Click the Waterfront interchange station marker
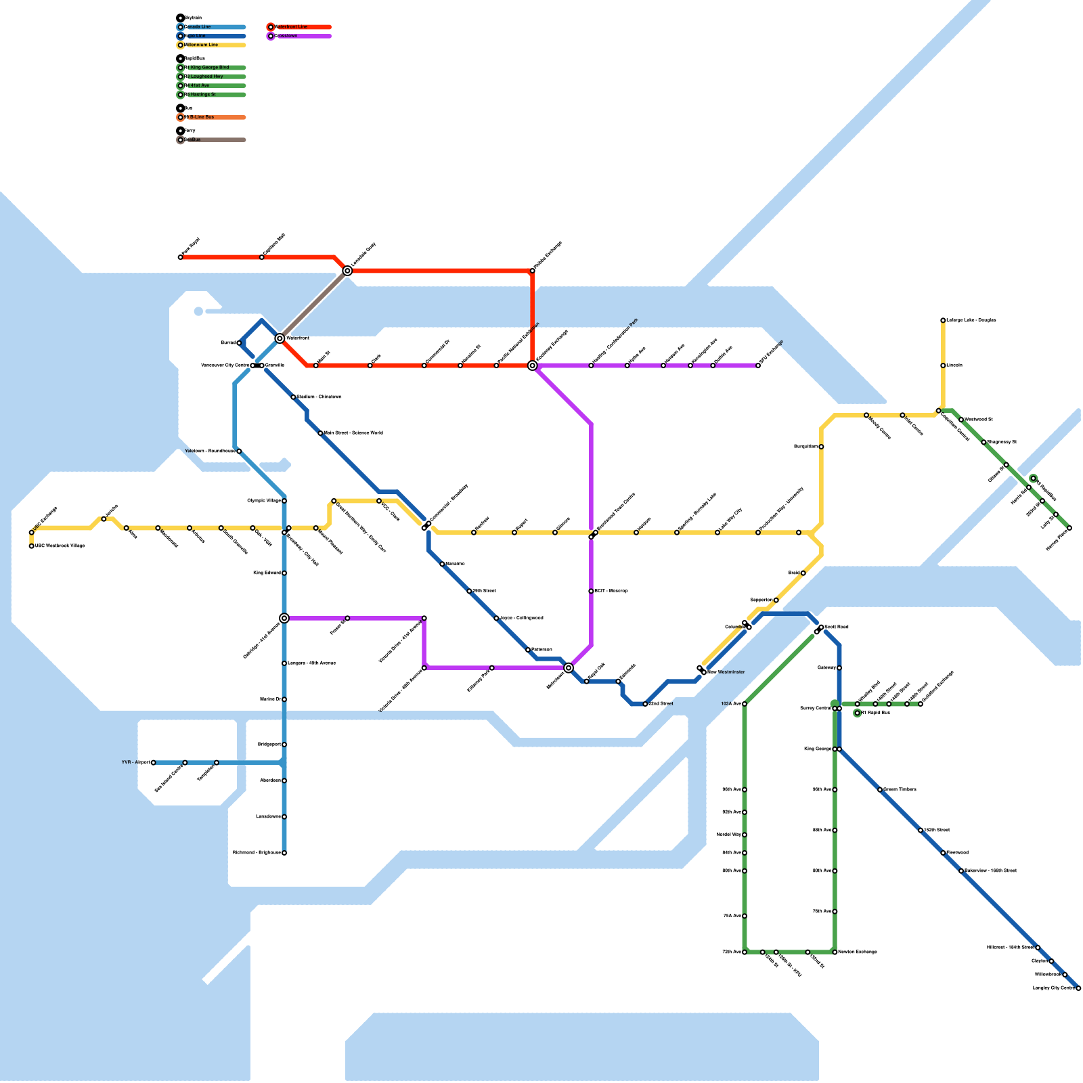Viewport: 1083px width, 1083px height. (280, 338)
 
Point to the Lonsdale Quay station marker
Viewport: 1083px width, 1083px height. (347, 271)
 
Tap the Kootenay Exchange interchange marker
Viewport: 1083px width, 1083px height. (533, 366)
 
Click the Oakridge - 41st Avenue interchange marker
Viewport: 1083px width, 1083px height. (284, 618)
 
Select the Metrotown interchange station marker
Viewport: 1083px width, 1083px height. (569, 668)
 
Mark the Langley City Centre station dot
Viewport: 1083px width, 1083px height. (1078, 988)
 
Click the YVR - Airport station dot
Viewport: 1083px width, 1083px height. (154, 763)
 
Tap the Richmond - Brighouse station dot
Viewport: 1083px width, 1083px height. (284, 853)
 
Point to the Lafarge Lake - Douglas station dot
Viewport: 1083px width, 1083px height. (943, 320)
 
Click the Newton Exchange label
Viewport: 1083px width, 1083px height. (858, 952)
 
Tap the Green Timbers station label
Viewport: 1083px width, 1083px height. (900, 789)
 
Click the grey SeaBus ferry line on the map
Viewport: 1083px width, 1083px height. (313, 305)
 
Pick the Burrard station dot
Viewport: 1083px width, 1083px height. (239, 343)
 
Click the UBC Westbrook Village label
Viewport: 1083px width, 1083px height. (60, 546)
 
